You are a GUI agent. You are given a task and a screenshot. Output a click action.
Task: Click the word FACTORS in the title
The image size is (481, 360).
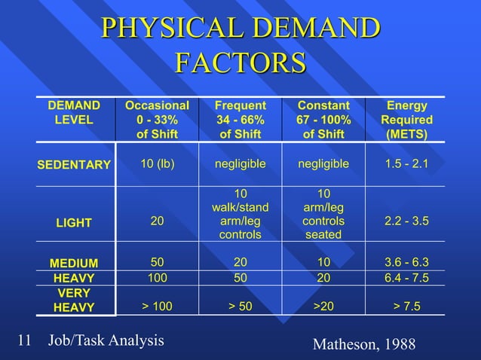240,63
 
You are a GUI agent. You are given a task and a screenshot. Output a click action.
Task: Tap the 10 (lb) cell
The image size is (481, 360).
157,163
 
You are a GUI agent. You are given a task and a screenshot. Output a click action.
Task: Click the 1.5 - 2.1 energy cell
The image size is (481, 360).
406,163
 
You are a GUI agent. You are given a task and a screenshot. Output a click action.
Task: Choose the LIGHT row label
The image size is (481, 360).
74,223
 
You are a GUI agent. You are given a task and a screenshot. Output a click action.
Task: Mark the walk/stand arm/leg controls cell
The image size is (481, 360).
240,215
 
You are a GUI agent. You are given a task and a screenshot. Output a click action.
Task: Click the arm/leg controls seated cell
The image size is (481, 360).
323,215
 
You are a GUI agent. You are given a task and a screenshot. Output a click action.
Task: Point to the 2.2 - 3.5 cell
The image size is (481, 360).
406,221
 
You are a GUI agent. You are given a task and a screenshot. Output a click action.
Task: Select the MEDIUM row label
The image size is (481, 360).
74,263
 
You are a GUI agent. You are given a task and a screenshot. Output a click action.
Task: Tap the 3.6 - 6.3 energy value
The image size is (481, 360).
406,262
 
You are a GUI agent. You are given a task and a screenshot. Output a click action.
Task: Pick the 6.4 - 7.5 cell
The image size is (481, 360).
406,277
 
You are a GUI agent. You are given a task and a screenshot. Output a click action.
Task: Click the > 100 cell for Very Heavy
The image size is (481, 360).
157,306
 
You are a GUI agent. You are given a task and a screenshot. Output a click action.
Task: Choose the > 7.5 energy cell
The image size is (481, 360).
406,306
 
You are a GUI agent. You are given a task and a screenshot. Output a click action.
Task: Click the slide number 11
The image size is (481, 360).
23,340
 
